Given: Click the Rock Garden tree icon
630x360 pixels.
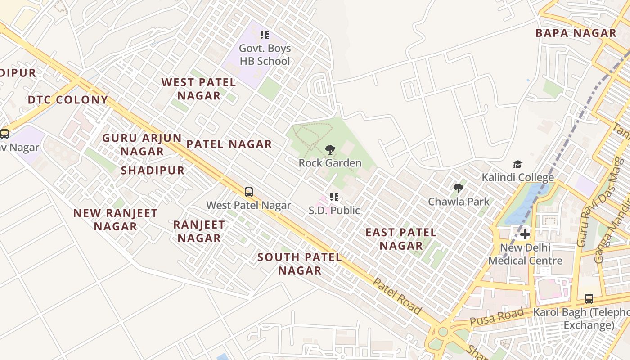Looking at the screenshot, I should pos(330,150).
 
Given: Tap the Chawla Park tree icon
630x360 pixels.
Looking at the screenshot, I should pos(459,188).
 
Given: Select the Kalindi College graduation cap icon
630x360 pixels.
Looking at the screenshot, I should pos(517,165).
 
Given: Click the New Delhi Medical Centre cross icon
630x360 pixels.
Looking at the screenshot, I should pos(525,234).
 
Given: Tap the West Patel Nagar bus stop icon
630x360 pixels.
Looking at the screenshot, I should pos(248,192).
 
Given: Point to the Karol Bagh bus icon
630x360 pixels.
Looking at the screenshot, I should pos(589,299).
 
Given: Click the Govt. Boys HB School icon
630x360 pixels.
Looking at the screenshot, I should pos(265,35).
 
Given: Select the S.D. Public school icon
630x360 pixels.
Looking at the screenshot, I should pos(334,197).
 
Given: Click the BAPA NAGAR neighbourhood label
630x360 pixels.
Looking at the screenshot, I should pos(576,33).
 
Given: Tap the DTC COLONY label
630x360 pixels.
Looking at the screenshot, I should pos(68,100).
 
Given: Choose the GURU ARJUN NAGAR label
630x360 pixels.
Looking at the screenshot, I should pos(142,144).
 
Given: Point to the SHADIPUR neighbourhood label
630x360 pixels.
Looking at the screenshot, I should pos(153,171).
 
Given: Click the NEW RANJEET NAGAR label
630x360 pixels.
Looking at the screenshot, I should pos(115,220).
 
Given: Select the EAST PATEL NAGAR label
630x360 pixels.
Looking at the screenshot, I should pos(400,239).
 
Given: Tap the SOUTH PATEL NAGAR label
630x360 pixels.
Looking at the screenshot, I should pos(299,264).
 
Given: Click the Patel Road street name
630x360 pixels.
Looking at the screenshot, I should pos(397,296).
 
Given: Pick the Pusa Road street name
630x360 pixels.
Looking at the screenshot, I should pos(496,317).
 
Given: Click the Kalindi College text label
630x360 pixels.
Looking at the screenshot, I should pos(517,177).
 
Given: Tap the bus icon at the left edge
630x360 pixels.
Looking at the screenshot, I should pos(4,134).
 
